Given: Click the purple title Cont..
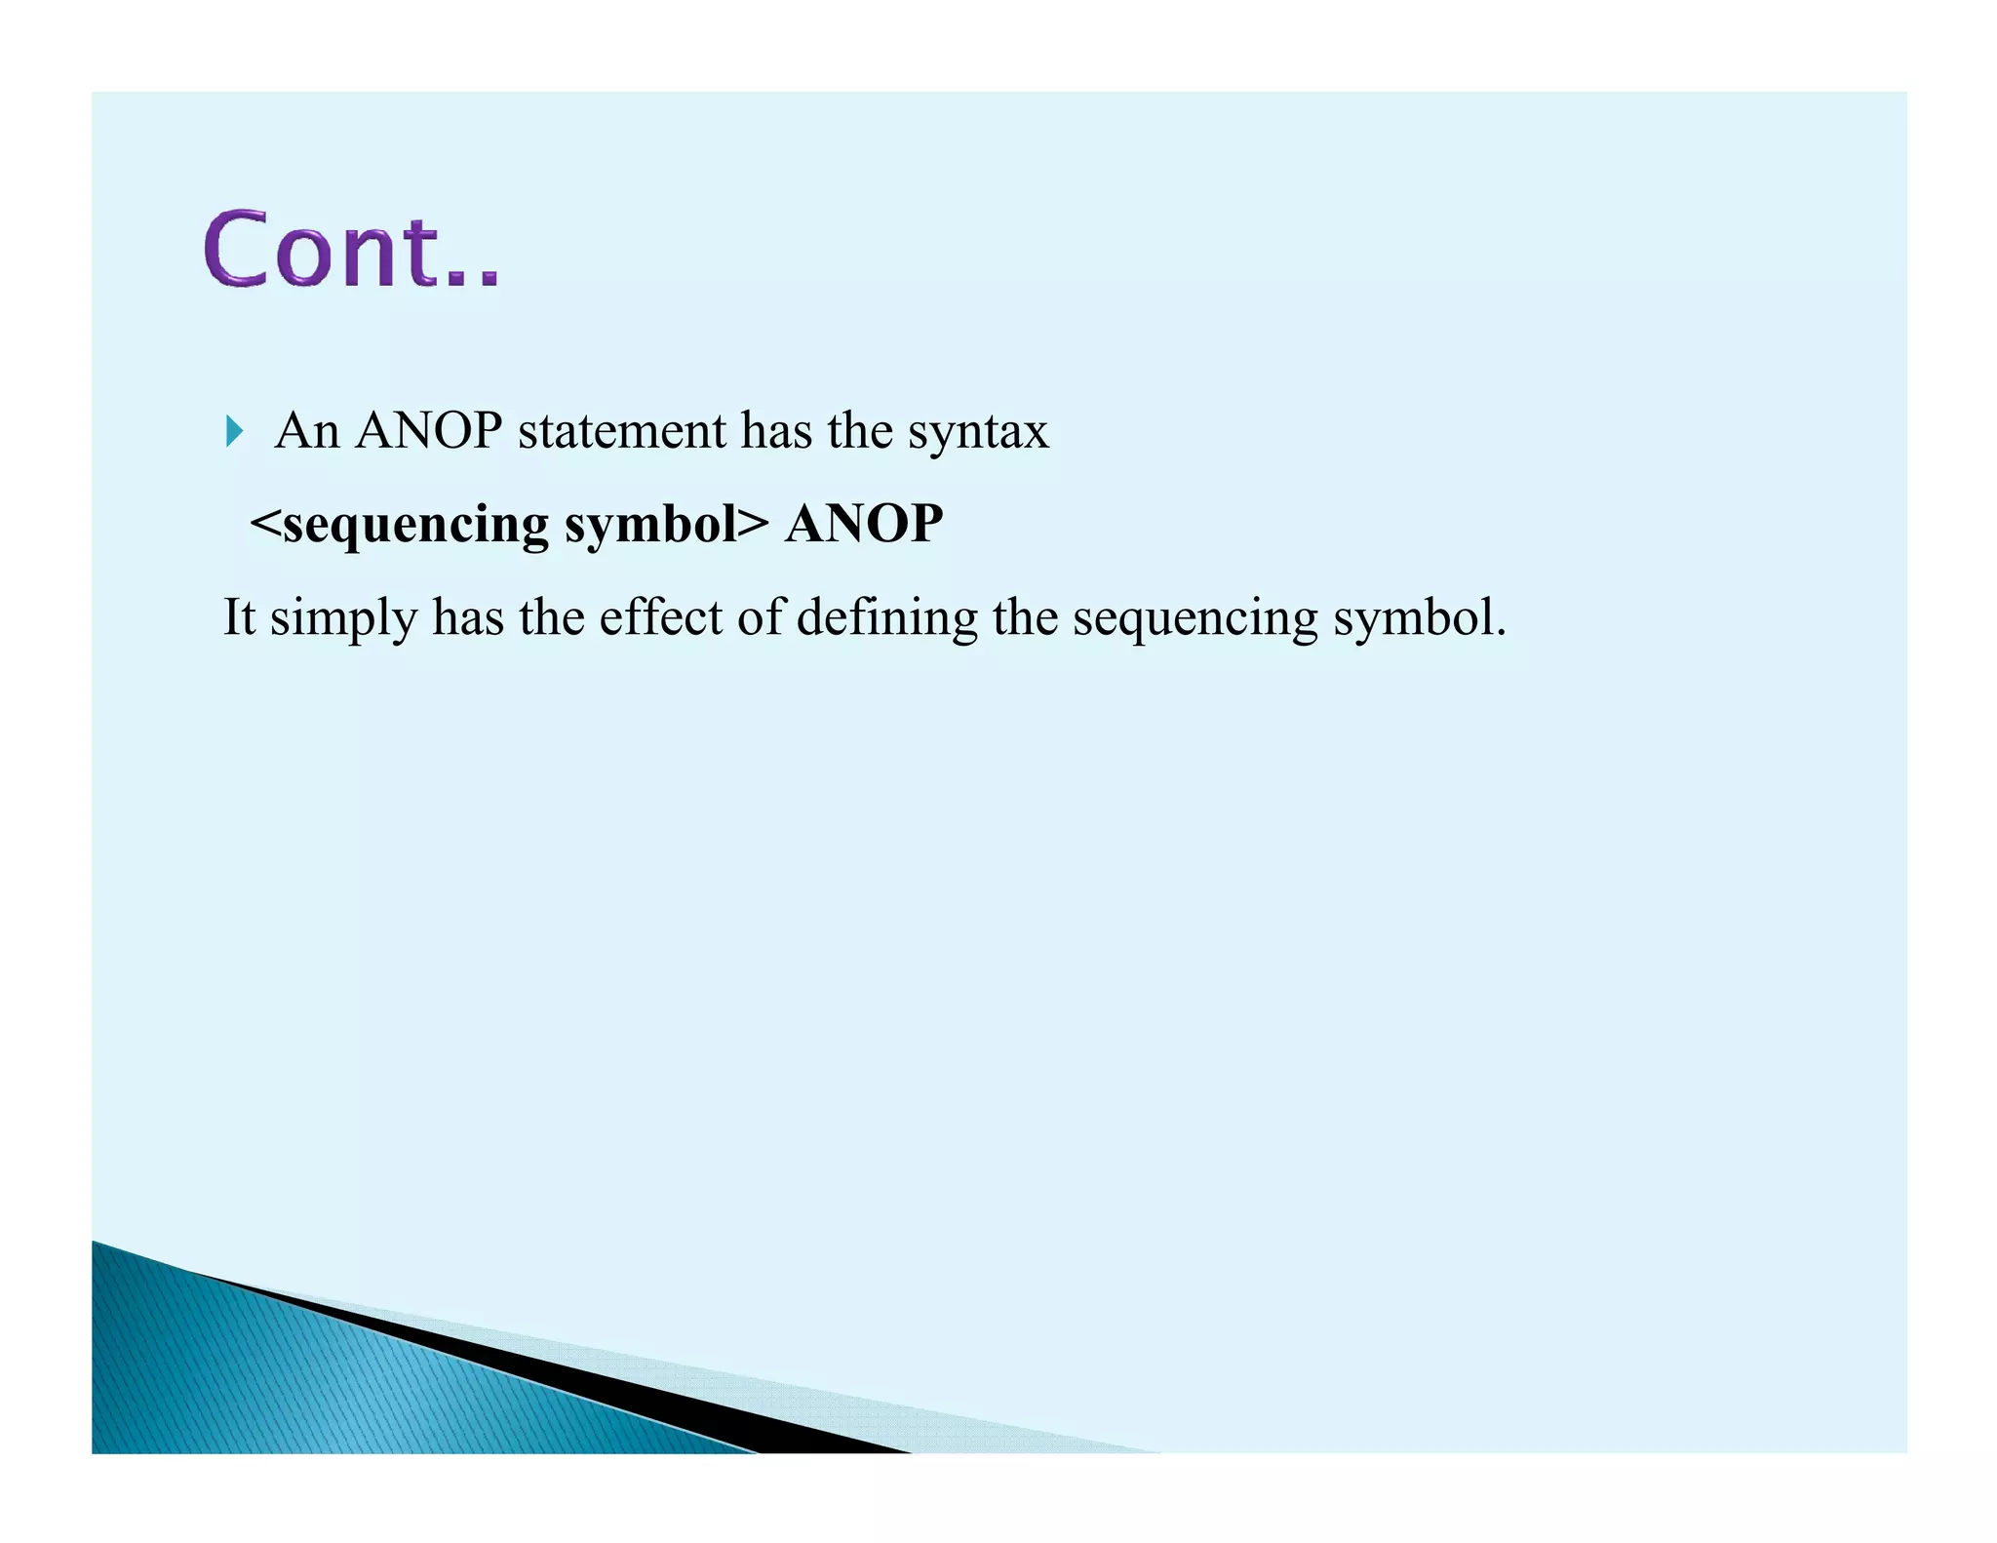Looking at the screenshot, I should [351, 250].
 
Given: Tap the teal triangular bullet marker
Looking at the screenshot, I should [234, 430].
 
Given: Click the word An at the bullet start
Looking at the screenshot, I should [307, 430].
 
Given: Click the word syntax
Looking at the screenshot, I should [978, 432].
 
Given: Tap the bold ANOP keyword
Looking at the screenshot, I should [864, 524].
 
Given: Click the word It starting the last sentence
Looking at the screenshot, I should [239, 617].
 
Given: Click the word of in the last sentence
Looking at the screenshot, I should [760, 617].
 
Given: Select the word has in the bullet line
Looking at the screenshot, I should [776, 430].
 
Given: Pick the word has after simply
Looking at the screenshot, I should [468, 617].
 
